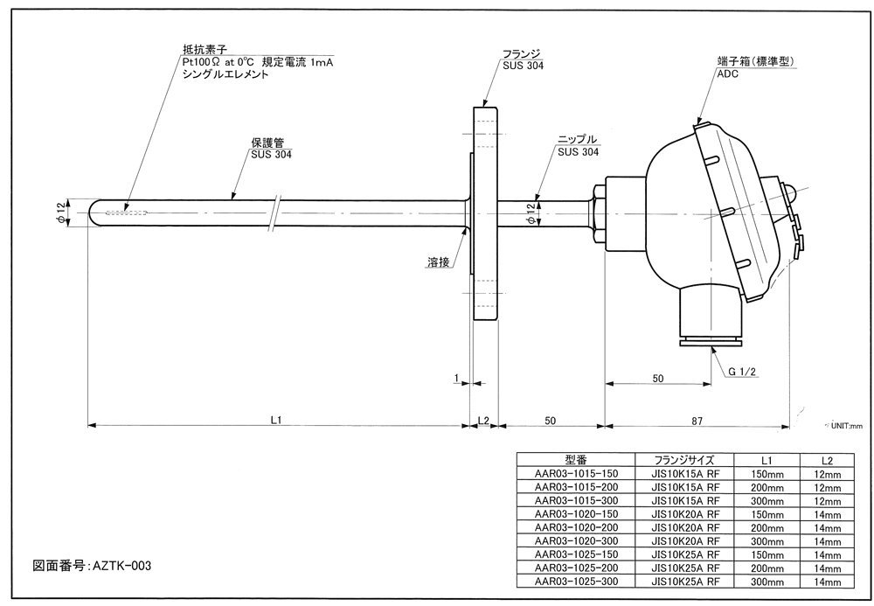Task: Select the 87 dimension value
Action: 697,421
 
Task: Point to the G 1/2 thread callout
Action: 742,372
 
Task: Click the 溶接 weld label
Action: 439,261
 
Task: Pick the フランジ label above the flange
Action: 522,54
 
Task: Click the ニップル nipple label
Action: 578,139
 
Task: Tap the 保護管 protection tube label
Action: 267,143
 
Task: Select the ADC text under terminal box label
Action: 728,73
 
